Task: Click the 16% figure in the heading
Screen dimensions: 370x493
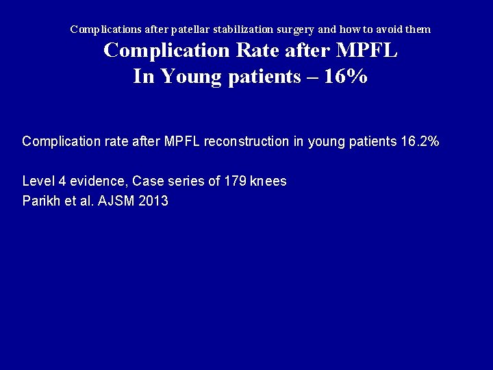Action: [x=346, y=76]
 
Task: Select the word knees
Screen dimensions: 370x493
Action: [x=268, y=182]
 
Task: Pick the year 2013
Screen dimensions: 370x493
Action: [x=154, y=201]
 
